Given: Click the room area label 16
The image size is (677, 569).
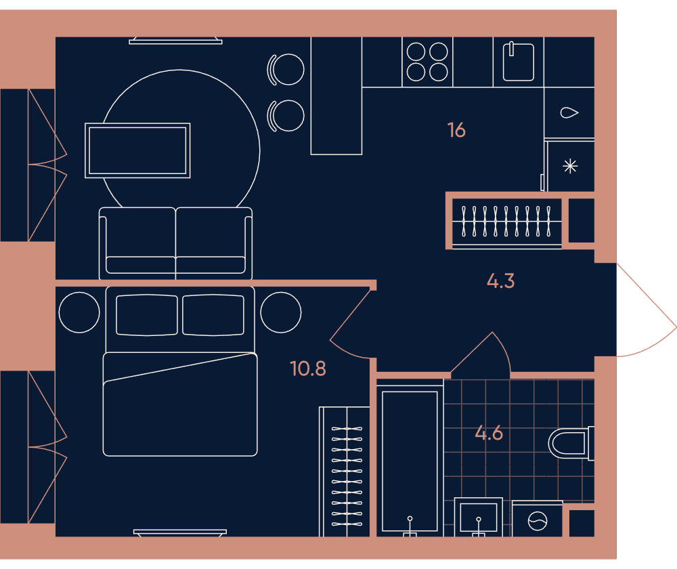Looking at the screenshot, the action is (456, 130).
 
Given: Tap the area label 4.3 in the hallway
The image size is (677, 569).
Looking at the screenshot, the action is (501, 281).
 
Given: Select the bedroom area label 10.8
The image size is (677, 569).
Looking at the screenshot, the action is (308, 368).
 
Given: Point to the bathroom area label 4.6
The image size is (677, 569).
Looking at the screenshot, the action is (489, 433).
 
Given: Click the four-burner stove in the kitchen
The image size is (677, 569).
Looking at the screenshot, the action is (427, 62).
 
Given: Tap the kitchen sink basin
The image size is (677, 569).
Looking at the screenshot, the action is (519, 62).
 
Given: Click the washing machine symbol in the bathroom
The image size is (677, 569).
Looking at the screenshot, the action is (538, 519).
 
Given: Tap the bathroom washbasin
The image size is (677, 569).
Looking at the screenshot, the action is (479, 517).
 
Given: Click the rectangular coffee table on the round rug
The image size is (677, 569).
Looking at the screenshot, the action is (137, 150).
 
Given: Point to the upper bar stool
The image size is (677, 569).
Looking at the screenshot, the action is (286, 69).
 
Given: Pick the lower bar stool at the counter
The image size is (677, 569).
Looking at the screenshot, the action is (286, 116).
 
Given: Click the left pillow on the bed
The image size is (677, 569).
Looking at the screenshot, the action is (147, 315).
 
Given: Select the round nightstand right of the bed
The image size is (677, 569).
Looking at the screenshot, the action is (281, 312).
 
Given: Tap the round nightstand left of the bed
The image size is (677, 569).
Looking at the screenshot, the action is (79, 312).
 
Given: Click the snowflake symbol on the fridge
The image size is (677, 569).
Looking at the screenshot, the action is (570, 167).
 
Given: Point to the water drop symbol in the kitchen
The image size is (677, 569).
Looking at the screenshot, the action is (569, 112).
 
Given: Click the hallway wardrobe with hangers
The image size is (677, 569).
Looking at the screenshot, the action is (507, 222).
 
